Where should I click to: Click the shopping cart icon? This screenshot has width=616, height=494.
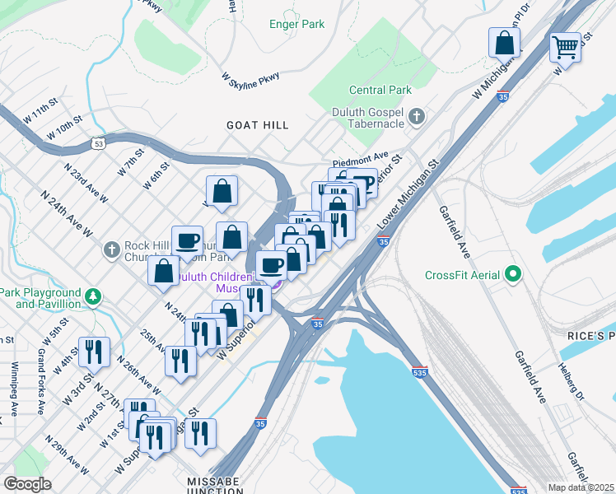[x=565, y=46]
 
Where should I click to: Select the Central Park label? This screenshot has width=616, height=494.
[x=380, y=90]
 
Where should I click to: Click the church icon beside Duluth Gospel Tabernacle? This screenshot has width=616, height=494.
[x=417, y=116]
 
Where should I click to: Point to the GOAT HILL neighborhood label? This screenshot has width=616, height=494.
[x=258, y=125]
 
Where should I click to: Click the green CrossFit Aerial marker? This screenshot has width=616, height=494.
[x=514, y=274]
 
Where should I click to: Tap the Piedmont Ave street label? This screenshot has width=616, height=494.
[x=360, y=156]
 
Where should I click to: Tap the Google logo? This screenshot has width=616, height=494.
[x=27, y=485]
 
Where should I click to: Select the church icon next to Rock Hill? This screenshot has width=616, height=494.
[x=113, y=248]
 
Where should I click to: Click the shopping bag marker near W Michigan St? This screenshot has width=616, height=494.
[x=503, y=42]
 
